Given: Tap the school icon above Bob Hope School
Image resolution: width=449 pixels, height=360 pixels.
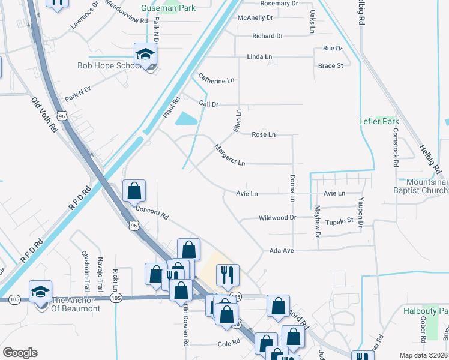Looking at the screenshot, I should pyautogui.click(x=145, y=56).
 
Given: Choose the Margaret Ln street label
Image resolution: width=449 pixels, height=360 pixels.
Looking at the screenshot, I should pyautogui.click(x=230, y=155).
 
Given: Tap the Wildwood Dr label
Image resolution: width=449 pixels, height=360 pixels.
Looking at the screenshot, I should pyautogui.click(x=277, y=218).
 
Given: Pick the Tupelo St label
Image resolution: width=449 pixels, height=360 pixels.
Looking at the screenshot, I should pyautogui.click(x=340, y=221).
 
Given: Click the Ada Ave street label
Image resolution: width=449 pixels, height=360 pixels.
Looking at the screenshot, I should pyautogui.click(x=282, y=250).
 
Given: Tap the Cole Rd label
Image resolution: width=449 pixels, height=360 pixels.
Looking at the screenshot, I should pyautogui.click(x=229, y=344).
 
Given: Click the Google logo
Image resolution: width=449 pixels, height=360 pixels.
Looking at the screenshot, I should pyautogui.click(x=20, y=353).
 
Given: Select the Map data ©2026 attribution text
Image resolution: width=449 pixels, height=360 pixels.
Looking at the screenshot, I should pyautogui.click(x=423, y=355).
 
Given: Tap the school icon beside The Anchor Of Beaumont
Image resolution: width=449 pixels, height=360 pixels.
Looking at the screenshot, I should pyautogui.click(x=41, y=292).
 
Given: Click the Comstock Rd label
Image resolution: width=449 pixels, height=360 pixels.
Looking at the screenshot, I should pyautogui.click(x=396, y=150).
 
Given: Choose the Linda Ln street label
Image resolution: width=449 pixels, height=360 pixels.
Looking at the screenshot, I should pyautogui.click(x=259, y=57).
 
